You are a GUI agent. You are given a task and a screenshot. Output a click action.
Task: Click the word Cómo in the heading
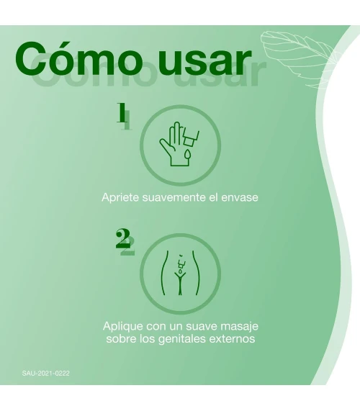point(77,58)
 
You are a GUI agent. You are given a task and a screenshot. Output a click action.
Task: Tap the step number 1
point(121,112)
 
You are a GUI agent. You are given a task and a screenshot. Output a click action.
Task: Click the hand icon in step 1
point(173,144)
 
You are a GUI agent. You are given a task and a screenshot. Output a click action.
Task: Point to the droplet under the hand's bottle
point(187,154)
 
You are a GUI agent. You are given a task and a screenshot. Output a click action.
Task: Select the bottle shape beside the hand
point(190,137)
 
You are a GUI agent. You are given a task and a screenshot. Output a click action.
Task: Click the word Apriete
point(120,197)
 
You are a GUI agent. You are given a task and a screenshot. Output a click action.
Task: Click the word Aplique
point(123,327)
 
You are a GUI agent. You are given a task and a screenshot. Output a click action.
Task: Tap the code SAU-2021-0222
point(46,374)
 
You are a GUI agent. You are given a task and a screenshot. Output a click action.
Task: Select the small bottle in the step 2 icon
point(181,265)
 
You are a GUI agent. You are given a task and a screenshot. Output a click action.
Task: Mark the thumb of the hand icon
point(166,145)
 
